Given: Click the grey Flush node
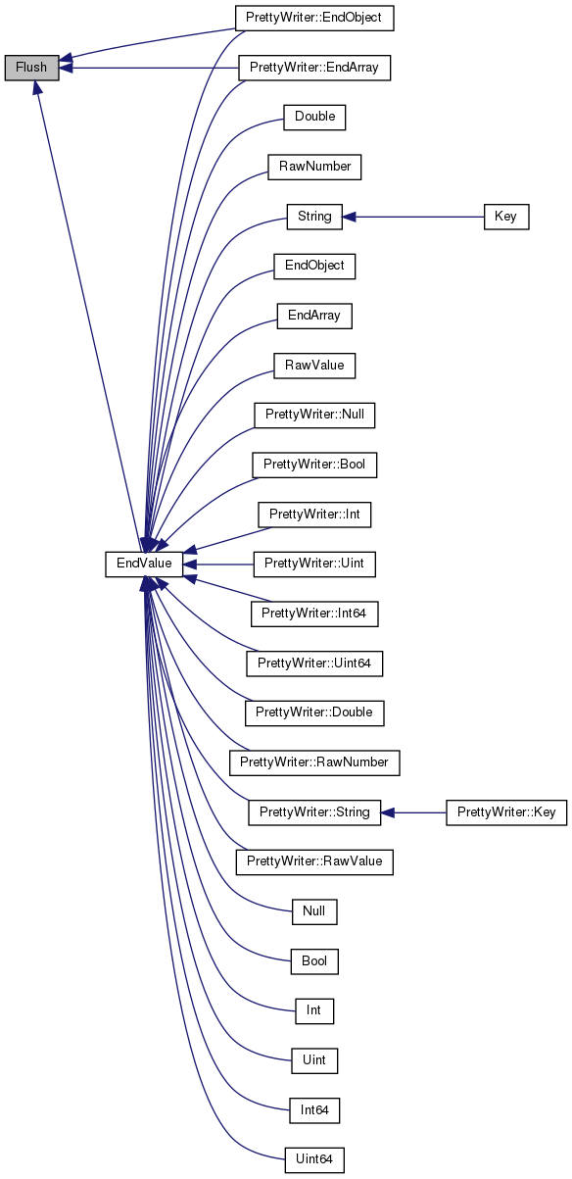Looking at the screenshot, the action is click(x=31, y=68).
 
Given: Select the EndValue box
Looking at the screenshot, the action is click(x=144, y=564).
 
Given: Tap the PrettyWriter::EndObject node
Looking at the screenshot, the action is click(x=314, y=18).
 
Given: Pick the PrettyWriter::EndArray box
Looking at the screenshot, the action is click(x=314, y=68).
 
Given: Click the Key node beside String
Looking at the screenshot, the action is click(x=506, y=217).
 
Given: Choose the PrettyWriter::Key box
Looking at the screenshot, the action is click(x=506, y=812).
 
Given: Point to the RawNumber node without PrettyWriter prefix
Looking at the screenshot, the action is click(x=314, y=167).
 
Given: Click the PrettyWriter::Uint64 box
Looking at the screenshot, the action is click(x=314, y=663).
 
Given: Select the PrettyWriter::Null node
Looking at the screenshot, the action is click(x=314, y=415).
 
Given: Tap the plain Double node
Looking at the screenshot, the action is click(x=314, y=117).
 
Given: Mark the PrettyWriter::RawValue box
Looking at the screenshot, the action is click(x=314, y=861).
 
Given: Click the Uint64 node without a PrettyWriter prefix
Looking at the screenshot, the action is click(x=314, y=1159).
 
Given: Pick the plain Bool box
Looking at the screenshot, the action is click(x=314, y=961).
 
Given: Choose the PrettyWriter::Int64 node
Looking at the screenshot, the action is click(x=314, y=614).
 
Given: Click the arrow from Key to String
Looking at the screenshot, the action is click(x=413, y=217).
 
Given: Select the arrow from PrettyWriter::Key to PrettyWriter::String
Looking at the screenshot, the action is click(x=413, y=812).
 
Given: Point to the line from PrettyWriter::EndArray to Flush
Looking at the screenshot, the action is click(x=149, y=68).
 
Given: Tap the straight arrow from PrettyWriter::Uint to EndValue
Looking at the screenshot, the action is click(x=218, y=565).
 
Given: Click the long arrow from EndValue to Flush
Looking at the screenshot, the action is click(x=88, y=316).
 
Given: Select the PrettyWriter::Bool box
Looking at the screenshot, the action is click(x=314, y=465).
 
